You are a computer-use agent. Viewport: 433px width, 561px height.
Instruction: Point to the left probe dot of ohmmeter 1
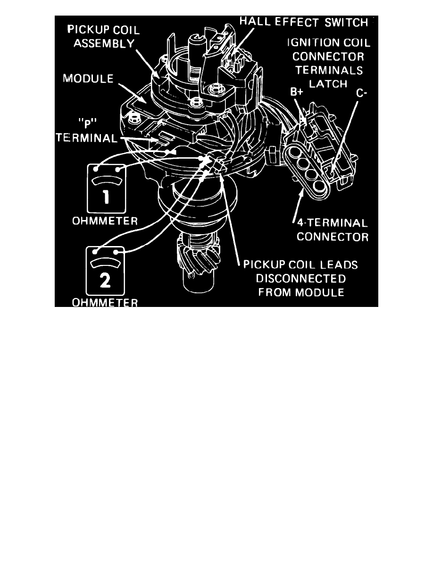[x=96, y=168]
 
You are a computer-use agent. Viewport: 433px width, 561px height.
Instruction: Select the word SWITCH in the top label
[x=349, y=22]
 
